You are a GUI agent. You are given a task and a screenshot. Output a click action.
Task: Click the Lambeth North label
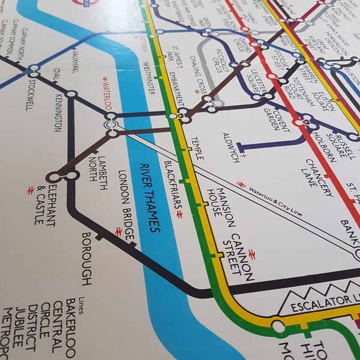click(97, 166)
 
